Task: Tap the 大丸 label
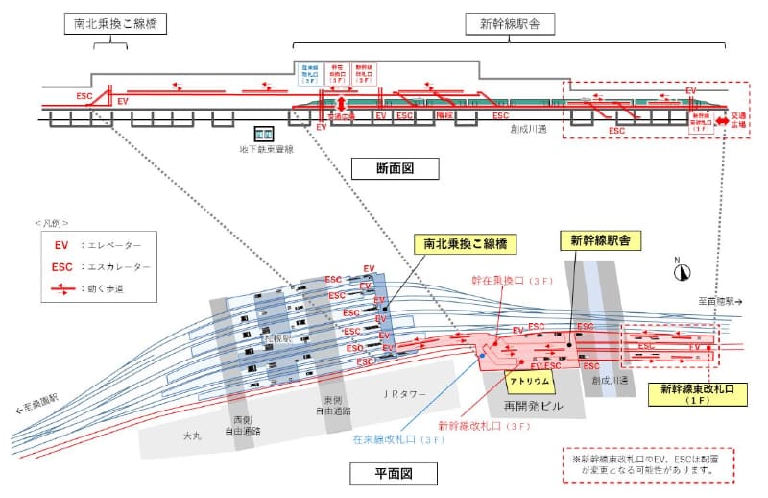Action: pos(192,436)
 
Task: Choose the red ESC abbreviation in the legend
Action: pos(62,266)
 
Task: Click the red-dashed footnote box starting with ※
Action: pos(646,465)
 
